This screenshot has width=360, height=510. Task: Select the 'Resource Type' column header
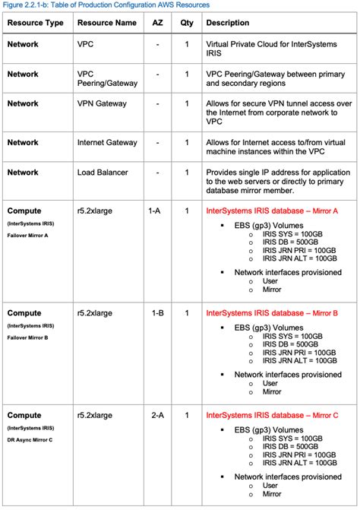click(35, 23)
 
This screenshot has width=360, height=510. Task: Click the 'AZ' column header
click(157, 23)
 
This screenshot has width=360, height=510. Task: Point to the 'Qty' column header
click(186, 23)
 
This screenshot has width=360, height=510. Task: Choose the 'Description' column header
click(228, 23)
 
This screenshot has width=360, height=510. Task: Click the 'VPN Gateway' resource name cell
click(103, 103)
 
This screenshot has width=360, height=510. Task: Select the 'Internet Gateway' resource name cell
click(108, 142)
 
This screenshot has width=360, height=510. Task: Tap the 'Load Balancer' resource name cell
click(103, 172)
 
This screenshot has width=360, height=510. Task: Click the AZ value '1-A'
click(157, 211)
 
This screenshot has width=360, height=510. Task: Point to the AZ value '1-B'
click(157, 312)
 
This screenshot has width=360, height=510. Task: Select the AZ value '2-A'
click(157, 415)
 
